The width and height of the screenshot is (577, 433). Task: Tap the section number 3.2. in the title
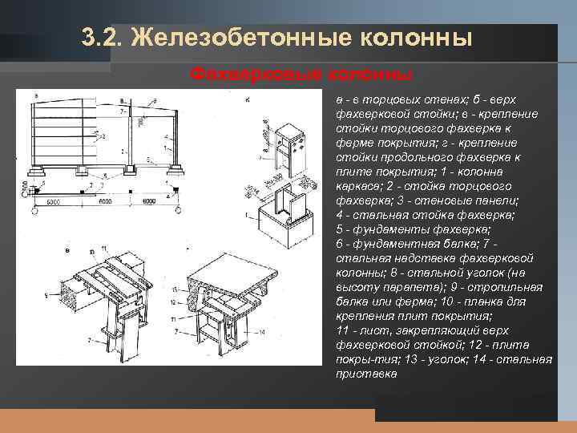(103, 38)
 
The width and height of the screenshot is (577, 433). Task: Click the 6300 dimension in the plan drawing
(53, 201)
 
